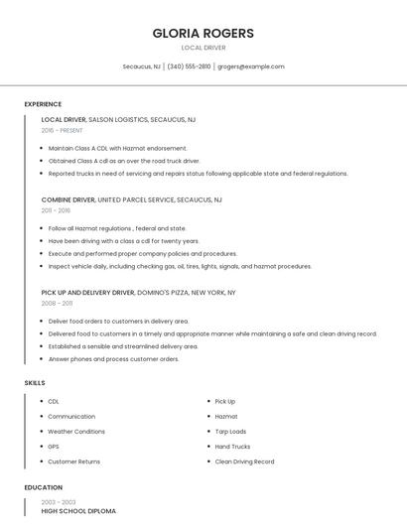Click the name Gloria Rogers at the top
pyautogui.click(x=203, y=33)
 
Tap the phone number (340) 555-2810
pyautogui.click(x=189, y=66)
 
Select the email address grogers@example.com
pyautogui.click(x=251, y=66)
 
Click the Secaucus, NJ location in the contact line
pyautogui.click(x=141, y=66)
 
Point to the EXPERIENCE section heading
pyautogui.click(x=43, y=104)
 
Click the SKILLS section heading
pyautogui.click(x=34, y=382)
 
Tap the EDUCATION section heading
pyautogui.click(x=43, y=487)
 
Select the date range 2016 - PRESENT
pyautogui.click(x=62, y=130)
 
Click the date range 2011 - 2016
pyautogui.click(x=56, y=210)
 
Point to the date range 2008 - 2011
pyautogui.click(x=57, y=304)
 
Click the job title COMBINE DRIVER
pyautogui.click(x=68, y=199)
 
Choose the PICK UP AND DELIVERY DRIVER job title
pyautogui.click(x=87, y=293)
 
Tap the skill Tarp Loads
pyautogui.click(x=230, y=432)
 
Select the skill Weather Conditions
pyautogui.click(x=75, y=432)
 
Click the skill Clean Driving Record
pyautogui.click(x=244, y=461)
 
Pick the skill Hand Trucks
pyautogui.click(x=232, y=447)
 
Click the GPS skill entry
pyautogui.click(x=54, y=447)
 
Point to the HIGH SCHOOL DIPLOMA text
pyautogui.click(x=77, y=510)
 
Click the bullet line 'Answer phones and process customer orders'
pyautogui.click(x=113, y=358)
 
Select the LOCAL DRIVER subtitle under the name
pyautogui.click(x=203, y=48)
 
